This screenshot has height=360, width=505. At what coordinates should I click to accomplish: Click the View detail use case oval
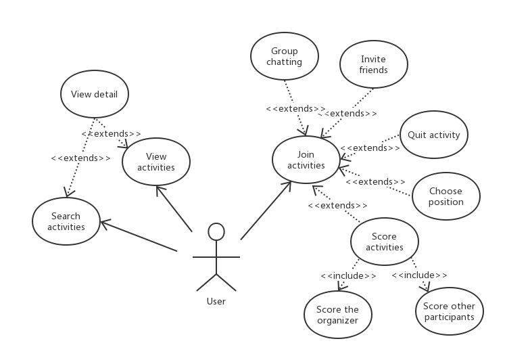(95, 95)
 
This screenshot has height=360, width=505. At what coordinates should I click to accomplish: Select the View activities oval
(156, 162)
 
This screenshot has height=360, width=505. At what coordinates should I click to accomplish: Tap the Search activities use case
(66, 221)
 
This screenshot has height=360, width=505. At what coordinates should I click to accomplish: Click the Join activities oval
(306, 160)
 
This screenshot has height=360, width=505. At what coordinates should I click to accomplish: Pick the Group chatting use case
(285, 56)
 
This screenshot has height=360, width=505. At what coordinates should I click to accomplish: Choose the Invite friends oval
(373, 64)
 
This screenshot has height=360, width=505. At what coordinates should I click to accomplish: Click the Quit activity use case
(433, 135)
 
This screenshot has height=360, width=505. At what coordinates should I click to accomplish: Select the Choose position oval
(446, 196)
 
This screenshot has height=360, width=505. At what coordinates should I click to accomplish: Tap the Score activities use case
(385, 242)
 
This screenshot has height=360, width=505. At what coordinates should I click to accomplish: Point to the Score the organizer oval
(337, 315)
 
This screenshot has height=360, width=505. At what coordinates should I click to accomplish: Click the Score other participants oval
(449, 311)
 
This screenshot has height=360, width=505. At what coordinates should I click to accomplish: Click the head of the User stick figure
(216, 231)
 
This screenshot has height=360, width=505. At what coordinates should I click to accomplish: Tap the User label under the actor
(216, 301)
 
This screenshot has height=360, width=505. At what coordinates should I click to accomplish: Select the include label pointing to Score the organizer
(348, 275)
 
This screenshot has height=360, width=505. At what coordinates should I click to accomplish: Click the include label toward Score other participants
(419, 275)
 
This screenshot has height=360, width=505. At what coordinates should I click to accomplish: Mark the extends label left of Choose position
(375, 181)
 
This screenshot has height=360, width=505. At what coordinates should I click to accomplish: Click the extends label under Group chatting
(295, 108)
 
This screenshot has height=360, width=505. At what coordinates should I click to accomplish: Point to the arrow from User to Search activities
(139, 236)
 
